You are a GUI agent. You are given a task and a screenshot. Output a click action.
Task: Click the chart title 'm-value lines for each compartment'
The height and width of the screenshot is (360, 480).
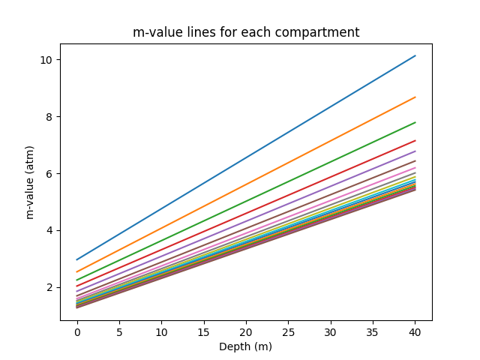point(246,32)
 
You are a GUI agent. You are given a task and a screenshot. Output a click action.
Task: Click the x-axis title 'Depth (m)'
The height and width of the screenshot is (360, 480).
point(246,346)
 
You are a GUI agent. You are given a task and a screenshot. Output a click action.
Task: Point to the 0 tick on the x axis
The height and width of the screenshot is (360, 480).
point(77,331)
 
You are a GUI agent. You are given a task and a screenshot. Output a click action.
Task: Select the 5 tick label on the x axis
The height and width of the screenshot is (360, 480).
point(119,331)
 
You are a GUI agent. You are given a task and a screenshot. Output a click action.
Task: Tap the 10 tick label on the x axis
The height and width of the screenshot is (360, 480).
point(161,331)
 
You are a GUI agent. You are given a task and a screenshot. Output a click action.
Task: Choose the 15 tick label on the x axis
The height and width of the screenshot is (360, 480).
point(204,331)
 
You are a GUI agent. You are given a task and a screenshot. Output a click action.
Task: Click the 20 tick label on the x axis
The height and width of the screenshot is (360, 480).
point(246,331)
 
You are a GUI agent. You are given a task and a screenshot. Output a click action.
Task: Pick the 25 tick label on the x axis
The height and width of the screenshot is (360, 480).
point(288,331)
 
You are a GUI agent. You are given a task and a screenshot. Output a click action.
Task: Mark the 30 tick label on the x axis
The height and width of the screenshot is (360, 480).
point(331,331)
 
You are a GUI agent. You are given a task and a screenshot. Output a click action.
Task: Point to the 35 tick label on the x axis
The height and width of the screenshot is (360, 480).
point(373,331)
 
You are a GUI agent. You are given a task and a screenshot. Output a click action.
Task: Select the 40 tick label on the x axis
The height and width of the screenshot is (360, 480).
point(415,331)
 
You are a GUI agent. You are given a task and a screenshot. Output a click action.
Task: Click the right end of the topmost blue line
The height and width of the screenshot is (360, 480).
point(415,55)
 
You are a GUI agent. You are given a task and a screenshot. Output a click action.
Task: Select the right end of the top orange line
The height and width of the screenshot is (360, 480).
point(415,97)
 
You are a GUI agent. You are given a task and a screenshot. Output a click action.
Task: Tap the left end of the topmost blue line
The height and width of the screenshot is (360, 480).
point(77,259)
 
